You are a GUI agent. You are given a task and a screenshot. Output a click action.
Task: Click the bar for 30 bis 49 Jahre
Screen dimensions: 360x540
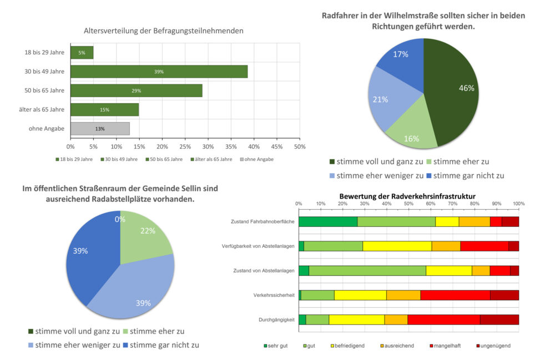(x=159, y=72)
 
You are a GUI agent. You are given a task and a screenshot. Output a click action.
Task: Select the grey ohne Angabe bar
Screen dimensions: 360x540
(x=100, y=129)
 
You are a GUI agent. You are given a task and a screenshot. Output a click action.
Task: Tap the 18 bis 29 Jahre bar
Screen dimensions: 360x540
(x=82, y=53)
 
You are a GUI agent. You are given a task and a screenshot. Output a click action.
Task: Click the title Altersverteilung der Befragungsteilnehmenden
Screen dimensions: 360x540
(x=163, y=31)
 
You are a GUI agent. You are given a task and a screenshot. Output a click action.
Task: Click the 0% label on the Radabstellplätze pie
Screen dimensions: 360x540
(x=120, y=219)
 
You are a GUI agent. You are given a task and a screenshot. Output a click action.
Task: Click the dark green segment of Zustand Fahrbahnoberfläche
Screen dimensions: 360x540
(x=327, y=222)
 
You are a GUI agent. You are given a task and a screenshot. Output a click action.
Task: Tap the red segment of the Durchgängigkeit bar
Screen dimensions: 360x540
(x=443, y=320)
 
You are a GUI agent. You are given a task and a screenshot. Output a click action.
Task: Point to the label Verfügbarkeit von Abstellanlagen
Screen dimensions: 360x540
(x=258, y=246)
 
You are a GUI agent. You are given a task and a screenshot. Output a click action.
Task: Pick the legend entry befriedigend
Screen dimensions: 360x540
(x=349, y=346)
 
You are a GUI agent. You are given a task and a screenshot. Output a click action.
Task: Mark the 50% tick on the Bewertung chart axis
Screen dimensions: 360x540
(x=408, y=204)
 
